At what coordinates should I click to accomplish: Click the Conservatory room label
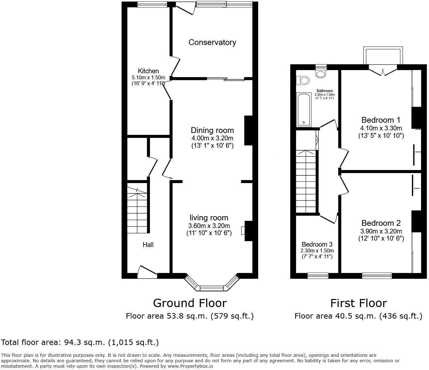point(212,42)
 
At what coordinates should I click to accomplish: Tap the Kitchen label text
point(148,71)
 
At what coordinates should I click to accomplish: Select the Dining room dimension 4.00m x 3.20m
point(212,138)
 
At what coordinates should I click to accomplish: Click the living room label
point(209,218)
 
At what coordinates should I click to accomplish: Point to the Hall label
point(148,245)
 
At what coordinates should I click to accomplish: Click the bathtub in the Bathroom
point(304,110)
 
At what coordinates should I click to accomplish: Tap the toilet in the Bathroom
point(302,80)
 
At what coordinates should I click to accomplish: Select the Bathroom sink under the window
point(320,74)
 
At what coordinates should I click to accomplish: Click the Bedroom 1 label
point(381,120)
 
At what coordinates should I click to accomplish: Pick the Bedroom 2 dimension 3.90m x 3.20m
point(381,231)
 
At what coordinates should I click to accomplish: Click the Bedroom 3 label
point(317,244)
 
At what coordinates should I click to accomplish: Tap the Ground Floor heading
point(189,303)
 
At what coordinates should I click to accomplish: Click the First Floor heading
point(358,303)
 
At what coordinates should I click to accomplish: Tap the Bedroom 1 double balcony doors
point(382,71)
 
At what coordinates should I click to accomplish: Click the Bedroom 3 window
point(318,275)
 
